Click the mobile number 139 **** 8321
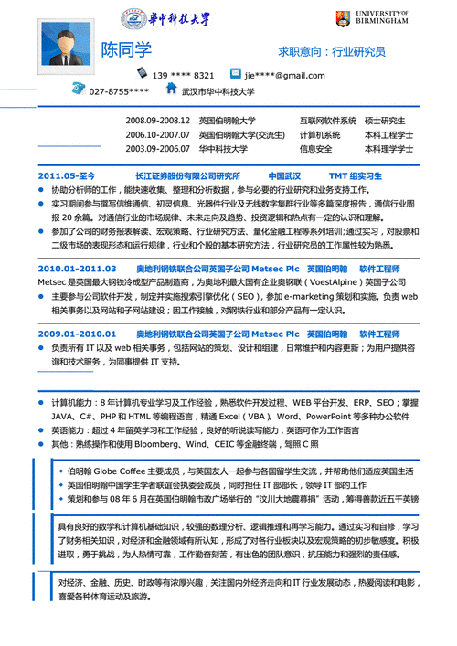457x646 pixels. coord(183,75)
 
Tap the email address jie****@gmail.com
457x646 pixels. coord(284,75)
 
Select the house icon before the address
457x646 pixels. coord(171,90)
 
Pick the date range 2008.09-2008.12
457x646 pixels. coord(157,121)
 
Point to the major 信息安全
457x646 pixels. coord(316,148)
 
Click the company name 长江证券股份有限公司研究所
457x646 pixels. coord(187,175)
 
